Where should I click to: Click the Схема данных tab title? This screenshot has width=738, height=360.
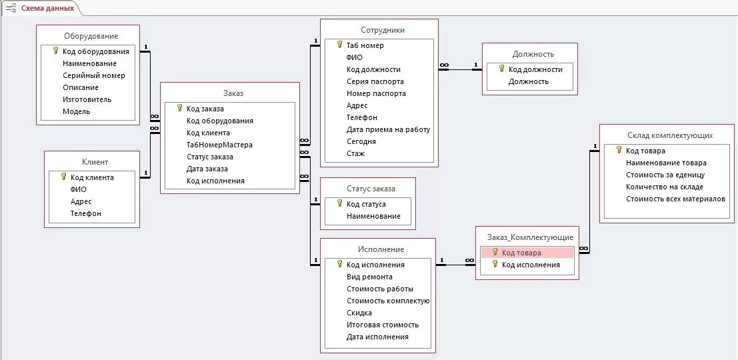point(47,8)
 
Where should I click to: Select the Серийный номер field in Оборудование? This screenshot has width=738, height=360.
point(93,75)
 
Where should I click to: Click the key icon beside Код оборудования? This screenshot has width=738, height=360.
point(55,51)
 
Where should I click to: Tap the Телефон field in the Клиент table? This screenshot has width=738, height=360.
point(85,213)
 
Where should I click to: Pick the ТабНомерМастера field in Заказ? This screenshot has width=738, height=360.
point(219,145)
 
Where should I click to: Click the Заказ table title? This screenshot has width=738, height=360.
point(233,93)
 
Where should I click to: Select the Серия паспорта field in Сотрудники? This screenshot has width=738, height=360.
point(375,81)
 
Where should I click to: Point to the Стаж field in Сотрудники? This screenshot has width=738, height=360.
point(355,153)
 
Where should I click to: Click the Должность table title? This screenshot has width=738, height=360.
point(533,54)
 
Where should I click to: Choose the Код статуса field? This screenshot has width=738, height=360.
point(366,204)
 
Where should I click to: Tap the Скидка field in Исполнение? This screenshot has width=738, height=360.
point(359,313)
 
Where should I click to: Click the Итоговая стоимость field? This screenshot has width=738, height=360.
point(382,325)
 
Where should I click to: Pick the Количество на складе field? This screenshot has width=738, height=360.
point(664,187)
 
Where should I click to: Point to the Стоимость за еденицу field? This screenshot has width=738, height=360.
point(665,175)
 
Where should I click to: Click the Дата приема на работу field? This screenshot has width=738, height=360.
point(388,129)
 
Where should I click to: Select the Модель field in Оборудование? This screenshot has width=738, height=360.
point(76,111)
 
